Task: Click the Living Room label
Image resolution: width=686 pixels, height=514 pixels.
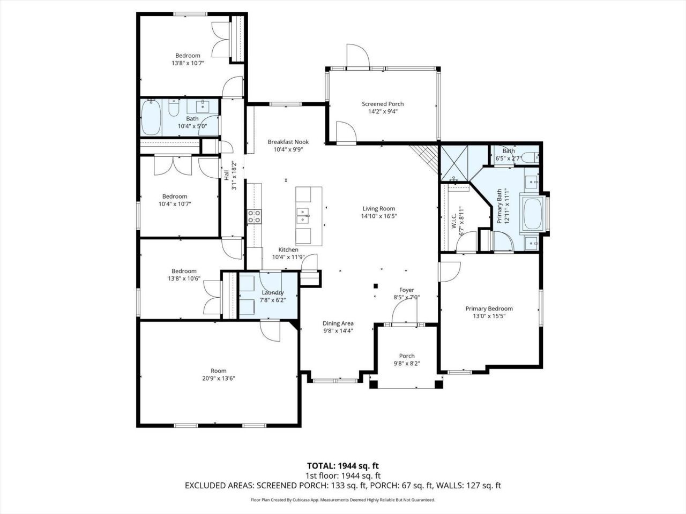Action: (378, 209)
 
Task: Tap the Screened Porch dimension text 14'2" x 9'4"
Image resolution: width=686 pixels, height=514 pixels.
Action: (383, 112)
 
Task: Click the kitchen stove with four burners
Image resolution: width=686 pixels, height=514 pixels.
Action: (253, 216)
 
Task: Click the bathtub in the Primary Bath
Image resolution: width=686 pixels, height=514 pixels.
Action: (533, 215)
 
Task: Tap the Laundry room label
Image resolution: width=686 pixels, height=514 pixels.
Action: (272, 292)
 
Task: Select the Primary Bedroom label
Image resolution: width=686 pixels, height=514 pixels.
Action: (489, 308)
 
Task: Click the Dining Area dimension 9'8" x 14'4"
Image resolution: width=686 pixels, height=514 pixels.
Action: (338, 331)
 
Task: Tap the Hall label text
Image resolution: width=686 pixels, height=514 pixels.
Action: (226, 175)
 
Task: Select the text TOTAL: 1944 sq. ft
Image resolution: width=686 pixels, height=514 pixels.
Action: (342, 466)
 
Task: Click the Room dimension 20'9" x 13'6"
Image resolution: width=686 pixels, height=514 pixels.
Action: (219, 378)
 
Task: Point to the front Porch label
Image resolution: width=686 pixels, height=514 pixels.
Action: (407, 356)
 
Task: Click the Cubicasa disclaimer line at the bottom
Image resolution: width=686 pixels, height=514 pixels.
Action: (342, 500)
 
